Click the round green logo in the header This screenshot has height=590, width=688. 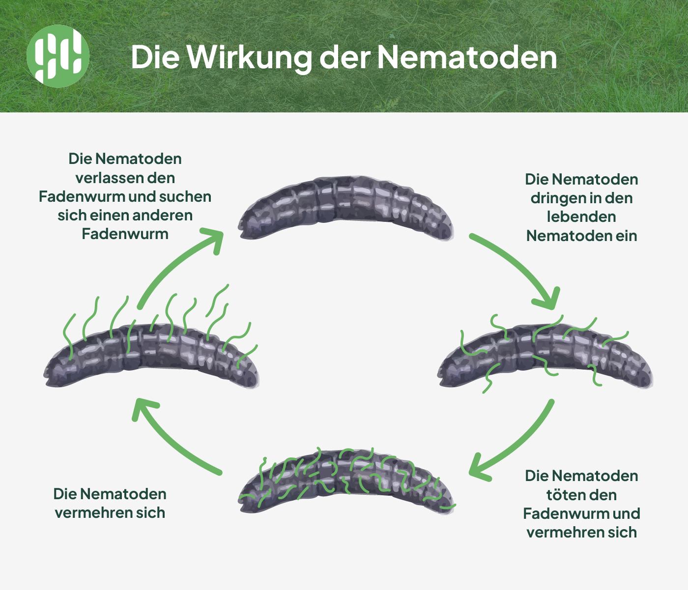[58, 56]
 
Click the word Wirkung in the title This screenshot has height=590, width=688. [250, 57]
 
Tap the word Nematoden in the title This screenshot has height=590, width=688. [467, 57]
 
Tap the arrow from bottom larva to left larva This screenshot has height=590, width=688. [172, 439]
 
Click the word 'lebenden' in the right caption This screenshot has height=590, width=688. [581, 217]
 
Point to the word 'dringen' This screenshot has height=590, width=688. [553, 198]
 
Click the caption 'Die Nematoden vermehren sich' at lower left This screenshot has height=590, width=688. [110, 503]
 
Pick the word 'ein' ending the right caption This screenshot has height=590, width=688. [626, 236]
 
